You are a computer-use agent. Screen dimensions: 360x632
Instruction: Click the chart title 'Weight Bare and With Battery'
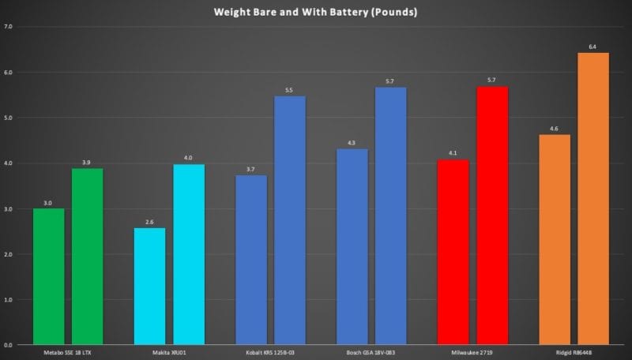pos(315,12)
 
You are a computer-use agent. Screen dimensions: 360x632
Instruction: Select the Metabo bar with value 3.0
pos(49,276)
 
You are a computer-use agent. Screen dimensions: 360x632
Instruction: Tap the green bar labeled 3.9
pos(87,257)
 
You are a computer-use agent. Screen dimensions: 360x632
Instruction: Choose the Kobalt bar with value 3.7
pos(250,261)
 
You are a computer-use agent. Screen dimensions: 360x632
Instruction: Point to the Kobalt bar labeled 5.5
pos(289,221)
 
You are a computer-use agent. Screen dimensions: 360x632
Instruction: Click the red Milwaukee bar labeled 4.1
pos(453,253)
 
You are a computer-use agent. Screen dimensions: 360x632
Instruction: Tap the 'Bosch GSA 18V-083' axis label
pos(371,352)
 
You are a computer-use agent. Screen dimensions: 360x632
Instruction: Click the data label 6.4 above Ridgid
pos(593,46)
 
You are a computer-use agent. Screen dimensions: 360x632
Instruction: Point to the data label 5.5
pos(289,89)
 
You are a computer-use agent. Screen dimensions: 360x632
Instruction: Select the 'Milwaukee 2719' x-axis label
pos(472,352)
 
